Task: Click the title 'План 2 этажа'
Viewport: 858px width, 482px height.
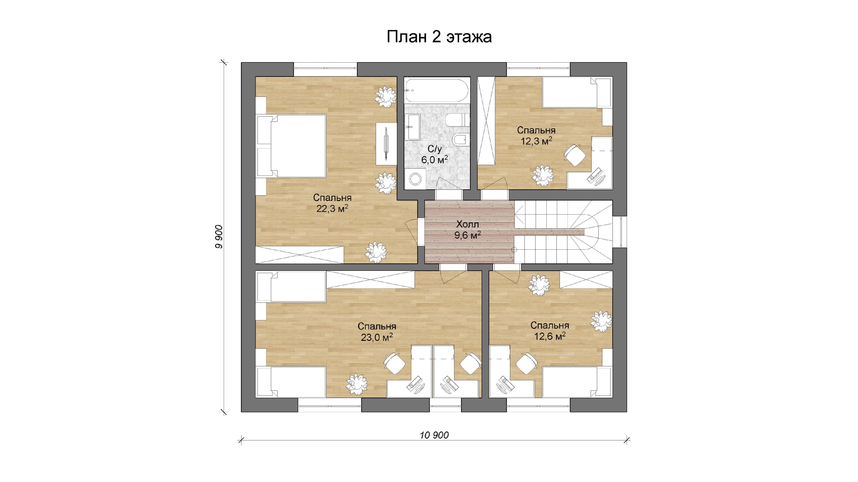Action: tap(439, 37)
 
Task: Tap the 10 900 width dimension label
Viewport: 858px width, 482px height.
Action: tap(434, 435)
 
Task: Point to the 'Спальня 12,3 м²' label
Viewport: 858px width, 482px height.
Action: tap(536, 136)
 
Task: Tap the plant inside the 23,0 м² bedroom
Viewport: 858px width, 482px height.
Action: tap(357, 384)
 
